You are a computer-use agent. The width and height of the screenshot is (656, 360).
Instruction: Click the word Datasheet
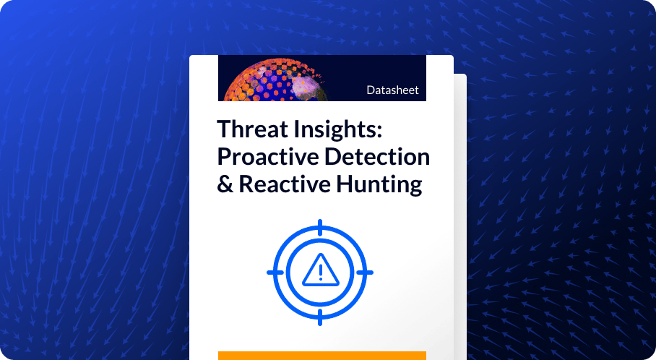click(392, 91)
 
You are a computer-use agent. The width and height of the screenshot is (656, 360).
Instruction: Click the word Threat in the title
click(250, 130)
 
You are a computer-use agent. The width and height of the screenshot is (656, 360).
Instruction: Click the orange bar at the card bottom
click(321, 356)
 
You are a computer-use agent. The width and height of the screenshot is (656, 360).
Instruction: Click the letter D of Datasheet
click(370, 91)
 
